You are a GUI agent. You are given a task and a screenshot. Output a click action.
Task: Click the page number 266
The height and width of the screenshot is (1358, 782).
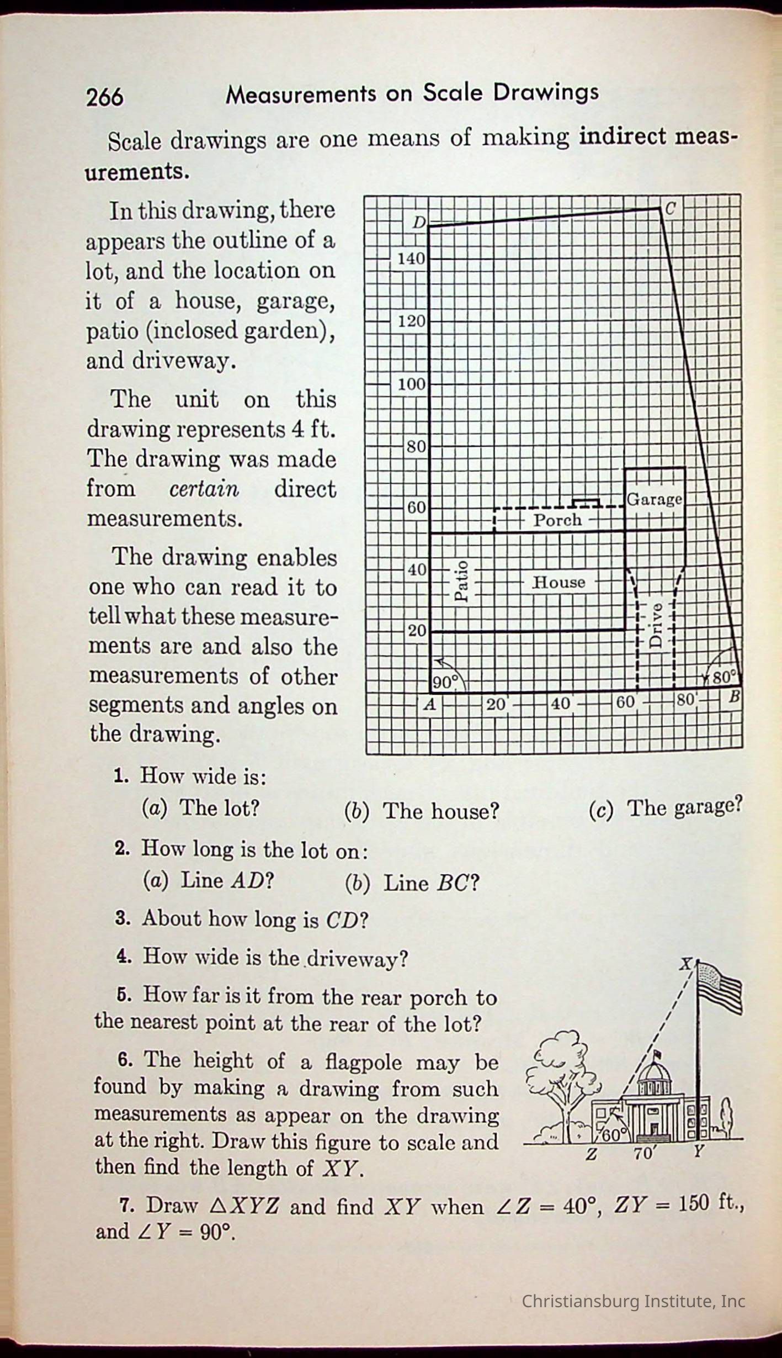point(105,97)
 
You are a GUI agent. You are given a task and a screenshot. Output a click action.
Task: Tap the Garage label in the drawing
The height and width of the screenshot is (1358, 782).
point(654,499)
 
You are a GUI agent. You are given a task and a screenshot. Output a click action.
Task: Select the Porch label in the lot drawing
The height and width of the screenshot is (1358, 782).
point(557,520)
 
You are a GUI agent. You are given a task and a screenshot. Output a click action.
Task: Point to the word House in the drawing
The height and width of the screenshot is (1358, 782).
point(558,582)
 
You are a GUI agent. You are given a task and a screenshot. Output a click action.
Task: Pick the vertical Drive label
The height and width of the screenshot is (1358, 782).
point(656,624)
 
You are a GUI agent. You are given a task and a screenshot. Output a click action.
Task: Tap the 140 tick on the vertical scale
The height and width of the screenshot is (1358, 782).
point(411,258)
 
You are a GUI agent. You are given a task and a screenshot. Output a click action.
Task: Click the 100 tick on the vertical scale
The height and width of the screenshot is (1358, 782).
point(411,384)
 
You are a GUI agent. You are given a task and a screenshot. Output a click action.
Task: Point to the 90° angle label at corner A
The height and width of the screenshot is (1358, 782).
point(445,683)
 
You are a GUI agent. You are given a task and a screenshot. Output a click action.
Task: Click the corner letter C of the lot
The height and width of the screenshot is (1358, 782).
point(670,209)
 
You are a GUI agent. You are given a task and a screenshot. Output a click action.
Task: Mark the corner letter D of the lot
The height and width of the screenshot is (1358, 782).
point(419,223)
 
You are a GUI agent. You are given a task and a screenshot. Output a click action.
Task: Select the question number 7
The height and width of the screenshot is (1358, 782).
point(127,1204)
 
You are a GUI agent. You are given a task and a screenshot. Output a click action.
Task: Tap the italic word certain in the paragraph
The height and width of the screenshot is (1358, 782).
point(204,489)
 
